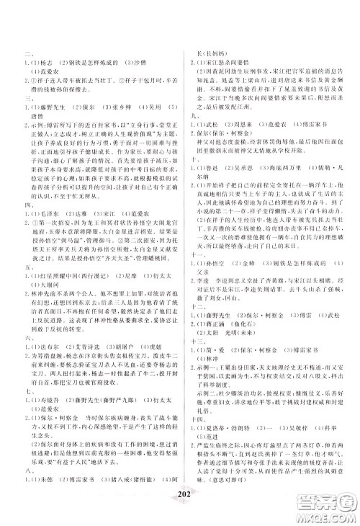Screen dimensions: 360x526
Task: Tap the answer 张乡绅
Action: pos(130,102)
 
